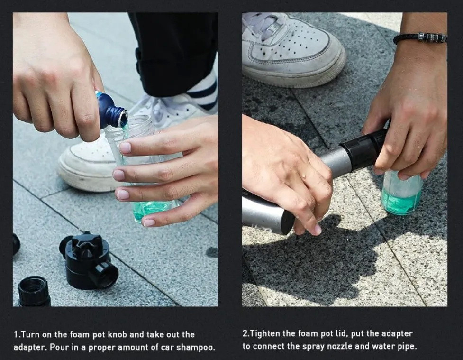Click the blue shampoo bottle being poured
(x=111, y=110)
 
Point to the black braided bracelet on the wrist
(x=420, y=38)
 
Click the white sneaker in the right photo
(x=293, y=50)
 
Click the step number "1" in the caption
(x=16, y=334)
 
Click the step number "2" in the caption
(x=245, y=334)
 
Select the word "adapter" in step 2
(x=397, y=334)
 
